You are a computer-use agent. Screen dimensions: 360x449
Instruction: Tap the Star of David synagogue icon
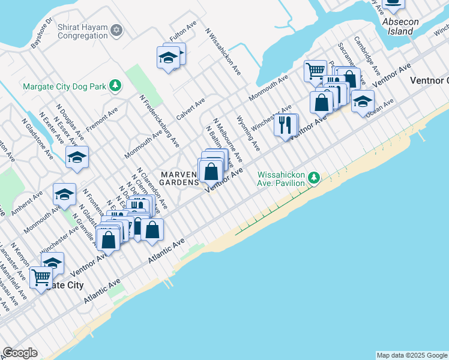point(117,29)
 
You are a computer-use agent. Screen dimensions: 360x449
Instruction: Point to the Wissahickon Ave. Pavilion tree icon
point(313,178)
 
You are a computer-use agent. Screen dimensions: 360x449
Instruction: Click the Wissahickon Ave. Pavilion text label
point(281,179)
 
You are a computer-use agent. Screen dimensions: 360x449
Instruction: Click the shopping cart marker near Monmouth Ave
point(314,71)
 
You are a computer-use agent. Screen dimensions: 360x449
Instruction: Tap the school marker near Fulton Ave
point(169,57)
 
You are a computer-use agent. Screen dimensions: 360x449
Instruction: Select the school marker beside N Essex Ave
point(77,158)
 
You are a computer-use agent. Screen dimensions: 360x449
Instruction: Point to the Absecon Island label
point(400,26)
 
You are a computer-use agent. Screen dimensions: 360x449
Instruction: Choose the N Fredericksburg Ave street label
point(160,121)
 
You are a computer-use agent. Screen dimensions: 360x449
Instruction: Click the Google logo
point(20,353)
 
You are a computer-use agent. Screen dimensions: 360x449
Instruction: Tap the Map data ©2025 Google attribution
point(412,355)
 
